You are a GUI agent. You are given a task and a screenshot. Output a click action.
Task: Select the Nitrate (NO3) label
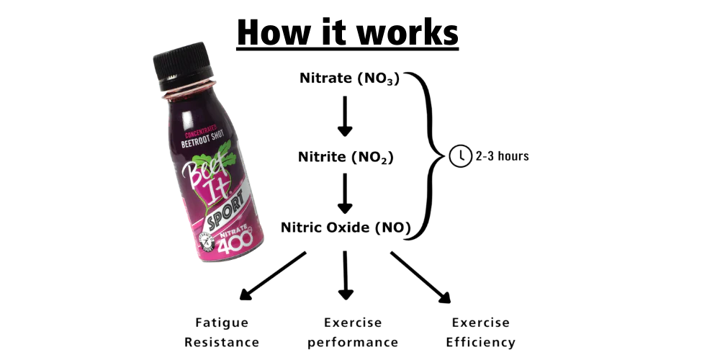point(349,78)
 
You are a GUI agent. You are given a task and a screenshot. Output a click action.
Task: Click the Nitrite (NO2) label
point(346,158)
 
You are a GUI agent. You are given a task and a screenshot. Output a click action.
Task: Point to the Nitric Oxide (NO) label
point(346,228)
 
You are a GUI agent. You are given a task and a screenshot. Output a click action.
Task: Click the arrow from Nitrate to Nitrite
point(345,116)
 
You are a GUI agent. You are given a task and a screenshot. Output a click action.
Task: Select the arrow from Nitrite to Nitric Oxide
point(345,193)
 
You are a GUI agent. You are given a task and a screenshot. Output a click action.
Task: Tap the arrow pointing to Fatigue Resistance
point(273,276)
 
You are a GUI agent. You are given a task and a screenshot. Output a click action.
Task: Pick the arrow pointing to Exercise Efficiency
point(420,277)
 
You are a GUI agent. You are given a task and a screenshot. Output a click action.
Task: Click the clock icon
point(460,156)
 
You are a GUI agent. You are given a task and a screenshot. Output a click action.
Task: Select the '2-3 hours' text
point(503,156)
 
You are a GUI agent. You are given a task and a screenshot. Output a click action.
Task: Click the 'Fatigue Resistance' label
point(222,333)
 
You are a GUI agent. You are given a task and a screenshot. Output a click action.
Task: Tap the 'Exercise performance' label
point(353,333)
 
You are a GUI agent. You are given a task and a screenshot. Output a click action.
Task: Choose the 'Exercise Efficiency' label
point(480,333)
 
